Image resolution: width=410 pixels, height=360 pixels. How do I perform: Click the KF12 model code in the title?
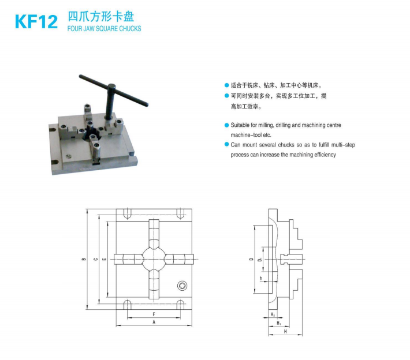(x=36, y=22)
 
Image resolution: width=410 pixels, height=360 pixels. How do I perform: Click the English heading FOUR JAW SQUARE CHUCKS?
(x=104, y=28)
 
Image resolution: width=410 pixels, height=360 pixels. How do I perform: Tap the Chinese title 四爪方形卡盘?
(x=101, y=17)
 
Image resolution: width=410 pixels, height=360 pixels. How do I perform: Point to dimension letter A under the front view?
(x=154, y=322)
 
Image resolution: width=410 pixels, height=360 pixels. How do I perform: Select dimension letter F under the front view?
(x=154, y=314)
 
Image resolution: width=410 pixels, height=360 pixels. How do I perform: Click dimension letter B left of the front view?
(x=84, y=259)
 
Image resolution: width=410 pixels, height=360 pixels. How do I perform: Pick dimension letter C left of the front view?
(x=96, y=259)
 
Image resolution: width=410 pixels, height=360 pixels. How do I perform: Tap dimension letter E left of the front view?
(x=105, y=259)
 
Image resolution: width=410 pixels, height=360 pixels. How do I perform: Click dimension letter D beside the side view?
(x=251, y=259)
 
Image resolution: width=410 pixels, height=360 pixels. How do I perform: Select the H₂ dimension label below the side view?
(x=273, y=314)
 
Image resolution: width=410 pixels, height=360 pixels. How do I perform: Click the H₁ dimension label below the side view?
(x=279, y=323)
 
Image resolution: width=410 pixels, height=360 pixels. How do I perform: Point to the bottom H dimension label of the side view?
(x=285, y=331)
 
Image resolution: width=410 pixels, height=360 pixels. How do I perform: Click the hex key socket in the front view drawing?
(x=182, y=286)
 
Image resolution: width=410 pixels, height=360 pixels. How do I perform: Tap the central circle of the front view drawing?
(x=154, y=259)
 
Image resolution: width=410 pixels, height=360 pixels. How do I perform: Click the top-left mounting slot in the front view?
(x=128, y=213)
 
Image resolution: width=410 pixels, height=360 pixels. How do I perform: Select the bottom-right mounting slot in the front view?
(x=180, y=305)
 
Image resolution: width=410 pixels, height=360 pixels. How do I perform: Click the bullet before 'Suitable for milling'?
(x=227, y=125)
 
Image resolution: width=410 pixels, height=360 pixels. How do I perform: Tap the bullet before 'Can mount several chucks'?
(x=227, y=144)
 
